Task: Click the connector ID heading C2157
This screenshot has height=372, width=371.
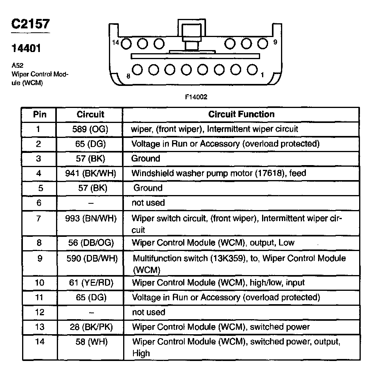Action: [30, 24]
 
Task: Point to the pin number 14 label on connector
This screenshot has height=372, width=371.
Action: [115, 42]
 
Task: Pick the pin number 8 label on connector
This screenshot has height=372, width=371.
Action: [128, 76]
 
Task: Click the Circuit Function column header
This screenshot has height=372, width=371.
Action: [241, 114]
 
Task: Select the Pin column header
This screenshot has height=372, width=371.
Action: [39, 114]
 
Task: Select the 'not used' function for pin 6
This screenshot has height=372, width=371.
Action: [148, 203]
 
